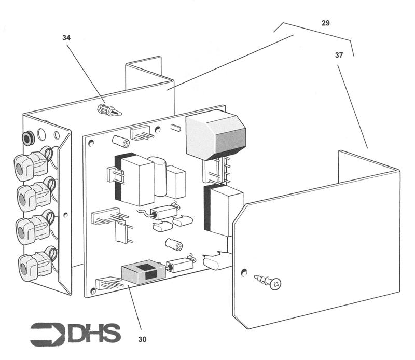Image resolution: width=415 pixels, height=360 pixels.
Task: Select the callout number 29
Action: [325, 23]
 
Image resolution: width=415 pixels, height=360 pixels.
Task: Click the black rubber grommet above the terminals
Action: [26, 137]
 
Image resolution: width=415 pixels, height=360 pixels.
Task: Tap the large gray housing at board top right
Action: [214, 136]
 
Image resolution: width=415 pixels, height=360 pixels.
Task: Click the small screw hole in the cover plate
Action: [243, 271]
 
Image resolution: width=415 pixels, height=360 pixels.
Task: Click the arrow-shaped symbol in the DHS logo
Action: [48, 334]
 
